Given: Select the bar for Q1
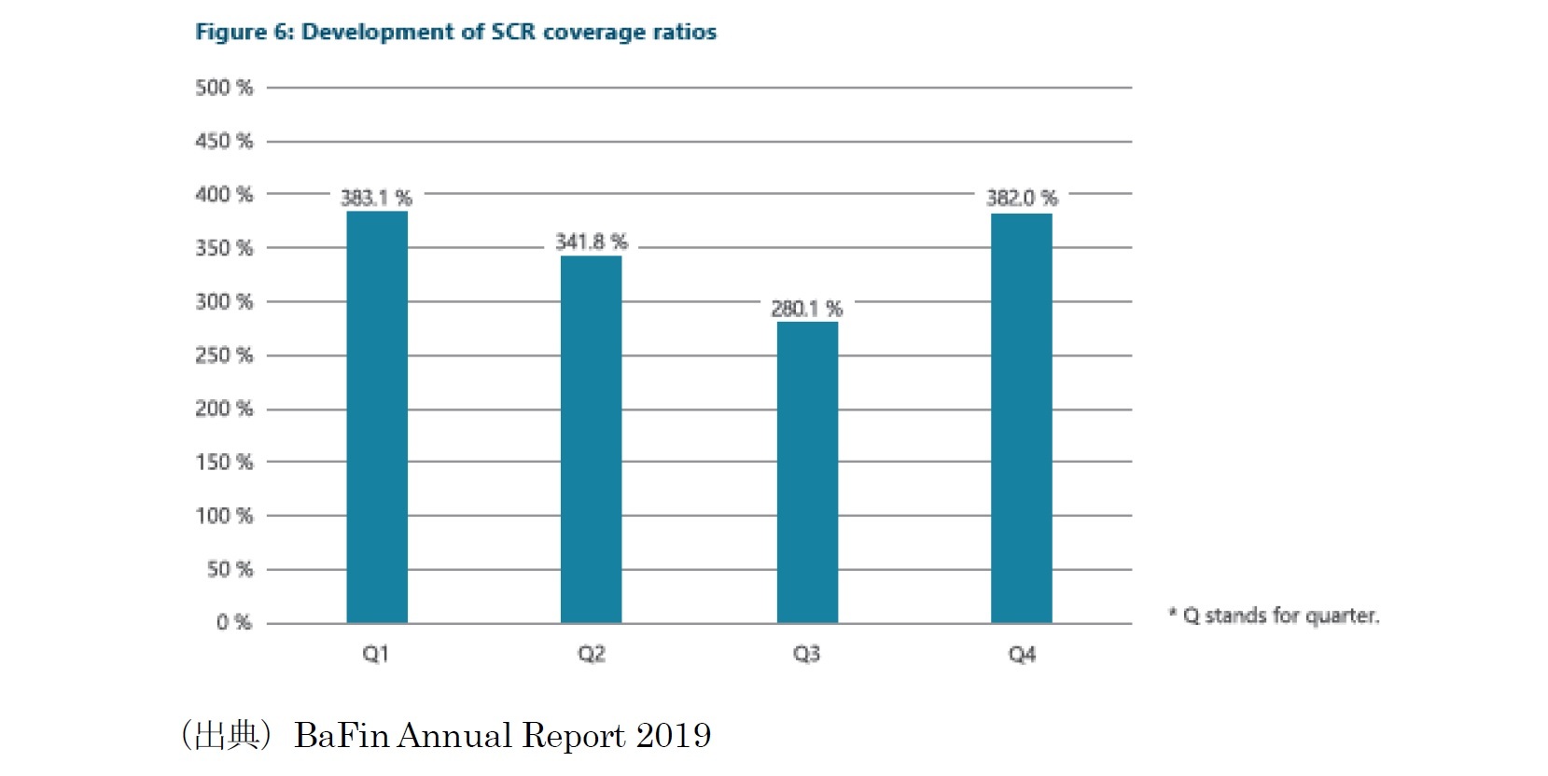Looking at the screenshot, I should (377, 417).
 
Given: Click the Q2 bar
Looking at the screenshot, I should (591, 439).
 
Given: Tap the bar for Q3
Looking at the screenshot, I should (807, 472).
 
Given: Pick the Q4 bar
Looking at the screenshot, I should (1021, 418).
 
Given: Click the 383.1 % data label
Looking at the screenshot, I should (376, 198).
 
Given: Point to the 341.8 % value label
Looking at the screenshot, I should (592, 242).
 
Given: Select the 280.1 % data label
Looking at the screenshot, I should (807, 309).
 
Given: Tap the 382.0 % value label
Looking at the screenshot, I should (1022, 198).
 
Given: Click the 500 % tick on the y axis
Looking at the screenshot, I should (224, 88).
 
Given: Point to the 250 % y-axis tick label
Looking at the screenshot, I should (224, 355).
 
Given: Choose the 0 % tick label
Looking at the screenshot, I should (234, 622).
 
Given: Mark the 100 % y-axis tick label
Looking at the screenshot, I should (224, 516).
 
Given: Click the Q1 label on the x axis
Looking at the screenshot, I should (375, 654).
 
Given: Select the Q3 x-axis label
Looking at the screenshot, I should (806, 654).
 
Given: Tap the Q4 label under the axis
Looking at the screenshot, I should (1022, 654).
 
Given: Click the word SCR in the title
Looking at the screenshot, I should (513, 32).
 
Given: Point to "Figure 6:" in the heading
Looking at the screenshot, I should (244, 32).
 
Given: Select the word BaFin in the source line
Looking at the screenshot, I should (341, 736).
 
